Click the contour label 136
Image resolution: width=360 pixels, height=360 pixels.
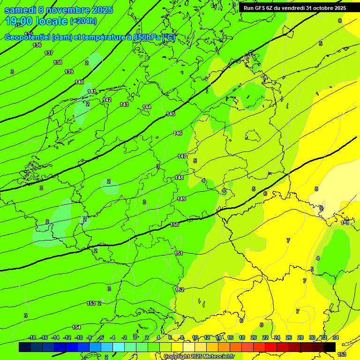37,45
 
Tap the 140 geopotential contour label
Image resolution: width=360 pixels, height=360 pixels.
79,82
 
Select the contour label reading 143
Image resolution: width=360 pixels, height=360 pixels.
124,105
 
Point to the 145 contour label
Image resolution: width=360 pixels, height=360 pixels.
171,114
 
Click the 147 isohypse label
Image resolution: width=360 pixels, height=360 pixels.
182,156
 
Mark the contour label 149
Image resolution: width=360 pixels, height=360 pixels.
181,199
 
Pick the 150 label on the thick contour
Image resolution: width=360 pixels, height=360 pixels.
174,225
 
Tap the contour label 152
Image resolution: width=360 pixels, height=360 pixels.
180,290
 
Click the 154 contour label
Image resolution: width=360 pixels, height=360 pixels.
76,327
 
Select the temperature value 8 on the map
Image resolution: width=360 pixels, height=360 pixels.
316,189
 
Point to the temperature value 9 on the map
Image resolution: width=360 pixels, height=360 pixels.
321,208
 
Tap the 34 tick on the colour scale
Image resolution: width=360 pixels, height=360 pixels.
336,337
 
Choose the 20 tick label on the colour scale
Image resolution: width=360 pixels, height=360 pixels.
254,337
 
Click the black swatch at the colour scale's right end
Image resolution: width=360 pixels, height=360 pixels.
330,347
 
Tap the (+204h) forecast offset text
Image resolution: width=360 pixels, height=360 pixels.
83,21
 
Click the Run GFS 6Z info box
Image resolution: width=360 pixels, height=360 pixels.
295,7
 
